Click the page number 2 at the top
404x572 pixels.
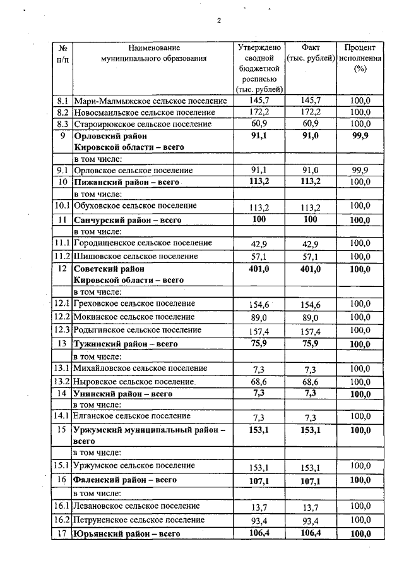tap(219, 20)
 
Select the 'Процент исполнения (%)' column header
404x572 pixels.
tap(360, 58)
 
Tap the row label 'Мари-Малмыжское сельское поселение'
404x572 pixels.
tap(150, 100)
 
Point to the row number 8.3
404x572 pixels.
tap(62, 124)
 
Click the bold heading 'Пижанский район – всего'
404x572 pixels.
tap(126, 182)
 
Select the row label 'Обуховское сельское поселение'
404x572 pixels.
tap(136, 206)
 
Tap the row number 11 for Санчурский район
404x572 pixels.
tap(62, 220)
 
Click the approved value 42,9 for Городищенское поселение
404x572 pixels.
tap(259, 244)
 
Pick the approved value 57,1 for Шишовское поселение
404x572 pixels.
tap(259, 257)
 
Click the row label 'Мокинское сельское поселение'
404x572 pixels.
tap(134, 317)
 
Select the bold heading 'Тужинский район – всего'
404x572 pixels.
tap(126, 344)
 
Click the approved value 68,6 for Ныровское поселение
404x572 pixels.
tap(259, 382)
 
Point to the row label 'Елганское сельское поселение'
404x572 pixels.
tap(133, 417)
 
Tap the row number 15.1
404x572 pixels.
tap(62, 466)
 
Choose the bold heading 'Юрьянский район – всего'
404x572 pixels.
tap(128, 534)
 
